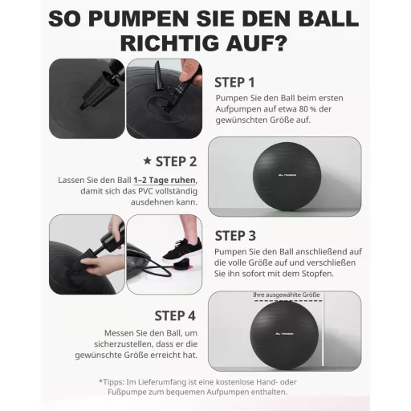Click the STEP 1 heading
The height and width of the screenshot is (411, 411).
click(234, 83)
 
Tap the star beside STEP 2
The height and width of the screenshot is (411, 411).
click(148, 161)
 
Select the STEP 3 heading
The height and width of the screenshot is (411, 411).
click(235, 236)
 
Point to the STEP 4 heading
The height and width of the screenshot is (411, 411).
click(175, 315)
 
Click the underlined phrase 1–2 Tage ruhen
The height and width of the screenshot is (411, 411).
click(165, 181)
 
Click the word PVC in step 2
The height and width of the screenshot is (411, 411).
click(146, 191)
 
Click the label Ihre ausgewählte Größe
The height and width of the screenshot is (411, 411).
click(287, 295)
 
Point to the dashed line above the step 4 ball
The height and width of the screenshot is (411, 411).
click(288, 301)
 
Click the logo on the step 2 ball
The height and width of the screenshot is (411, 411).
click(287, 175)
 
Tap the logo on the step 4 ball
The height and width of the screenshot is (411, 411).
click(284, 334)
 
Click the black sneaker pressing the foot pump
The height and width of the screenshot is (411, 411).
click(182, 250)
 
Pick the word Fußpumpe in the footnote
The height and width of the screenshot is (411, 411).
click(125, 393)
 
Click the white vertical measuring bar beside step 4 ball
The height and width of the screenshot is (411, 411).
click(323, 329)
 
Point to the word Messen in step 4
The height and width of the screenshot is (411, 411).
click(119, 333)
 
